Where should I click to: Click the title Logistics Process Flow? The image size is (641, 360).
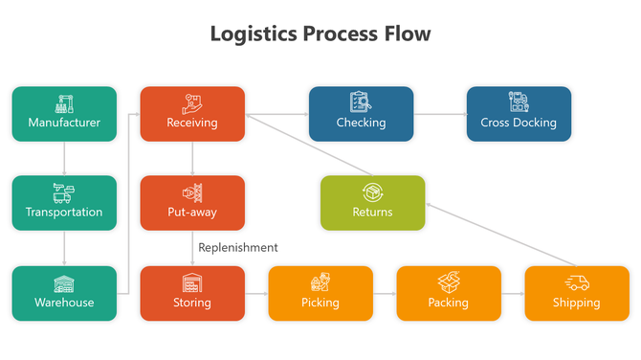coord(320,34)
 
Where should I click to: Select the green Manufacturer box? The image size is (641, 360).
coord(64,114)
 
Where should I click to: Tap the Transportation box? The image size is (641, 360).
coord(64,203)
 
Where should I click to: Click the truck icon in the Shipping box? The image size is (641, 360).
coord(577,282)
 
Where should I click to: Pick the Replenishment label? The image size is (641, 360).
coord(238,247)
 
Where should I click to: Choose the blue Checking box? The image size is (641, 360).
coord(361,114)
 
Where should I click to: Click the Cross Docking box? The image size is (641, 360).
coord(519,114)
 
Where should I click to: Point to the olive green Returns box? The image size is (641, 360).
coord(372,203)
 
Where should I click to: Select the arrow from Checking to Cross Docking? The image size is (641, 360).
coord(439,114)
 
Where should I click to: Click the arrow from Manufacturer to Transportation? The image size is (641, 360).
coord(64,158)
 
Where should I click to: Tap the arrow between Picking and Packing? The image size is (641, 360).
coord(385,293)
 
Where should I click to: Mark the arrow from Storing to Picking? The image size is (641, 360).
coord(255,293)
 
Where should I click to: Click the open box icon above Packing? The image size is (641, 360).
coord(449,281)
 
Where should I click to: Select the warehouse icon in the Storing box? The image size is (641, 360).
coord(192,282)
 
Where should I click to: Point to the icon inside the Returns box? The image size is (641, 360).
coord(372,192)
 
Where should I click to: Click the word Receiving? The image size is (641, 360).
coord(192,123)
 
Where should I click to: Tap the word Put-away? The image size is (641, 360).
coord(192,212)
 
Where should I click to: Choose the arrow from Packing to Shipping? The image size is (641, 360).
coord(513,293)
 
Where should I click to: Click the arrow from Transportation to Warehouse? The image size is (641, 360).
coord(64,248)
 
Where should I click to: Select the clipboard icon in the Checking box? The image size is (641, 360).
coord(361,101)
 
